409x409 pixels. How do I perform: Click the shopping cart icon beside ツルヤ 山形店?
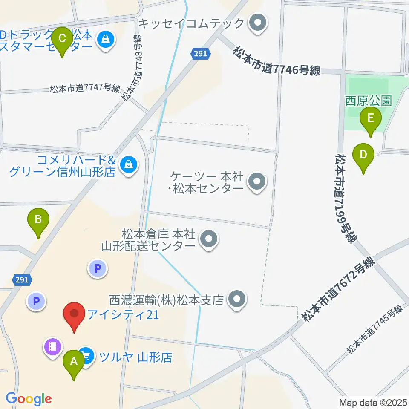[87, 355]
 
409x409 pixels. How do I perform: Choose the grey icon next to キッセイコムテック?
[257, 23]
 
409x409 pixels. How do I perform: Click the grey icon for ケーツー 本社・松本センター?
[257, 182]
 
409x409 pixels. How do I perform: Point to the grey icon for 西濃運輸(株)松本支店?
[237, 300]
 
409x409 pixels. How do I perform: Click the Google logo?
[29, 399]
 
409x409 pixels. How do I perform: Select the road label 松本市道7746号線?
[277, 62]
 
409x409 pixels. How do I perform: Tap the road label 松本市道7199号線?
[346, 199]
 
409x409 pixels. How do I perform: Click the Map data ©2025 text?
[372, 402]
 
